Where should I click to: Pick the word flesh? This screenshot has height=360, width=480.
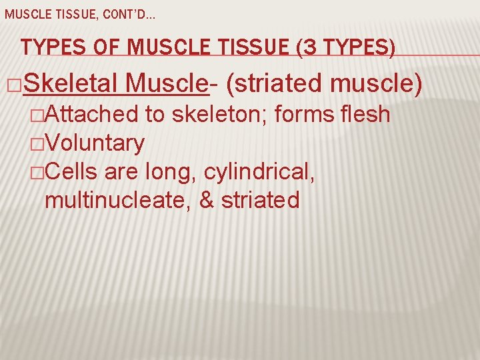pos(364,115)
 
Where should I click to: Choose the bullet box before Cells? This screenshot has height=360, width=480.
pos(39,173)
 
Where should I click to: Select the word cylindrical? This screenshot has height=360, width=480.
pos(257,172)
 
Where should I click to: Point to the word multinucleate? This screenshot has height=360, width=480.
pos(117,200)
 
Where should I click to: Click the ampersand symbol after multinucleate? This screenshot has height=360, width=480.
pos(207,200)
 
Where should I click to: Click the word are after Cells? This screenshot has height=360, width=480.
pos(120,172)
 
